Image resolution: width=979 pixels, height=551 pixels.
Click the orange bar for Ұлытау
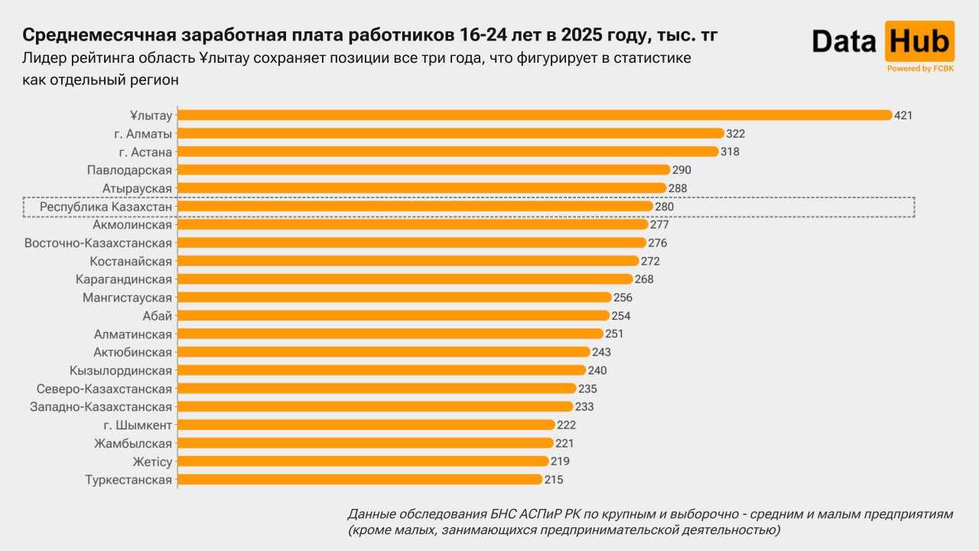(535, 115)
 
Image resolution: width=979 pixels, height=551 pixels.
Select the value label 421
(904, 116)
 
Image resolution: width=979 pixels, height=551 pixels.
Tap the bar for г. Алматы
(450, 133)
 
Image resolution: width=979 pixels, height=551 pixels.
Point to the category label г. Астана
(145, 152)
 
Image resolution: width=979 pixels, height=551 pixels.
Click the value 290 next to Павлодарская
(682, 170)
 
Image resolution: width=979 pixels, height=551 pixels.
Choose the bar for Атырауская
(421, 188)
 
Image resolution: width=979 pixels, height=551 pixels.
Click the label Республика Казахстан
(106, 207)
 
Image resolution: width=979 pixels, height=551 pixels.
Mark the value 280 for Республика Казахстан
(665, 207)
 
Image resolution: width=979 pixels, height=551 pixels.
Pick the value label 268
(644, 279)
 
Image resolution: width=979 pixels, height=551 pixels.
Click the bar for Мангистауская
(395, 298)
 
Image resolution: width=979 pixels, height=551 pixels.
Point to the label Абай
(158, 316)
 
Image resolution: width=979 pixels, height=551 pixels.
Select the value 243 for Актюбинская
(601, 352)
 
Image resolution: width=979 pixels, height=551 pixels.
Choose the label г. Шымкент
(138, 425)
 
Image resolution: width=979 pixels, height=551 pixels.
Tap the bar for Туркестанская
(359, 480)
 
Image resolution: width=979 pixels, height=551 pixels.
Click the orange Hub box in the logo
(919, 41)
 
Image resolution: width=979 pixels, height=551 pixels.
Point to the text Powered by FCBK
(920, 69)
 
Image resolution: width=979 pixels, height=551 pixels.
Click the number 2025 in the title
(582, 35)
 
